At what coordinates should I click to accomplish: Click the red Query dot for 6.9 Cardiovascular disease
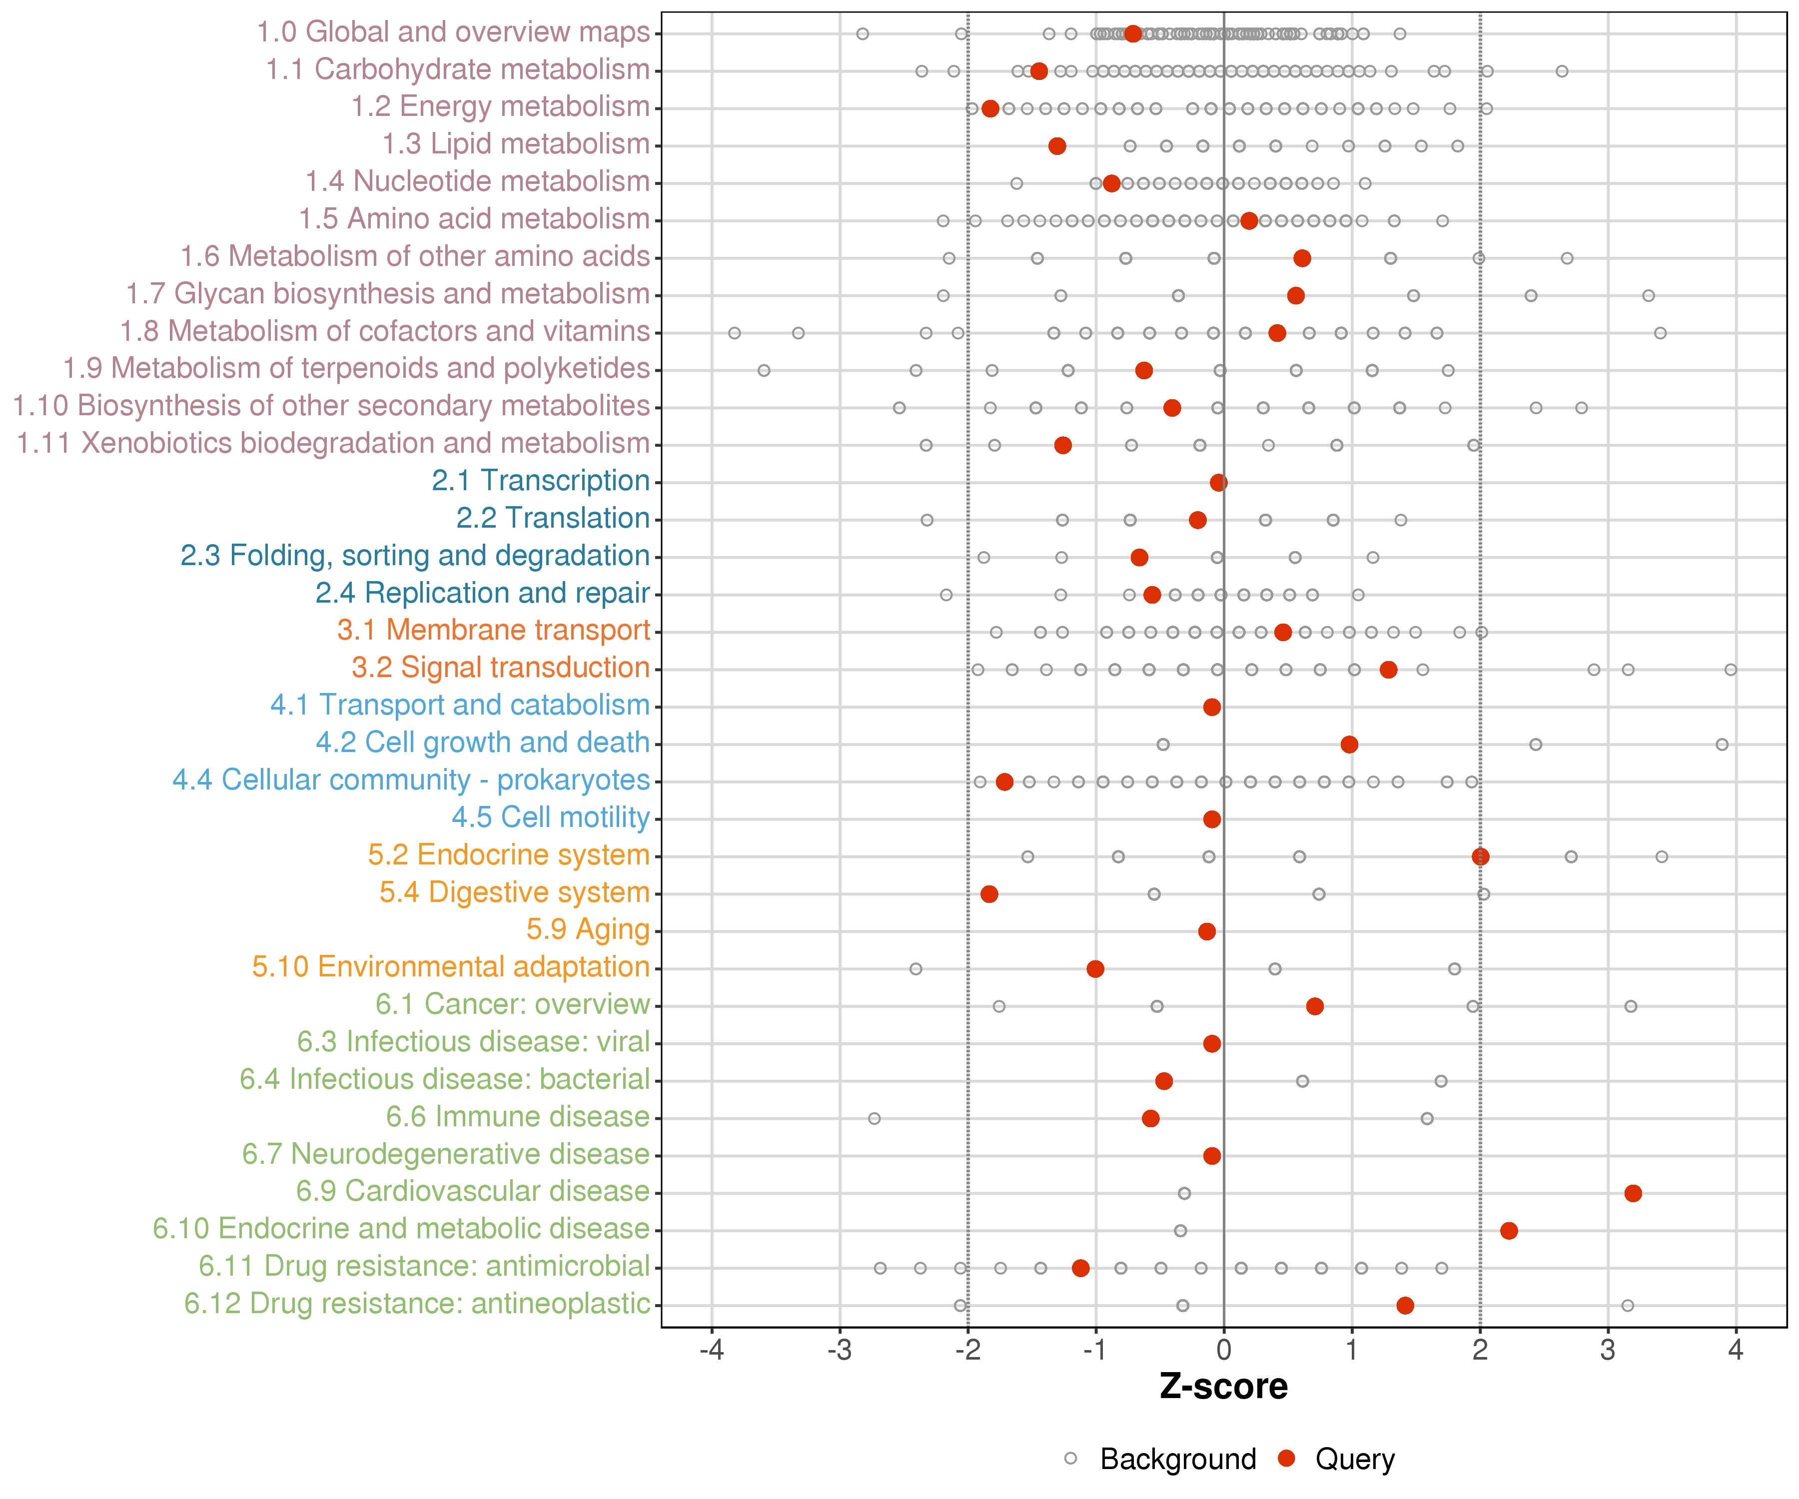tap(1633, 1193)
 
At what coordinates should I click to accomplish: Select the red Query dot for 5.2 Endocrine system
tap(1480, 856)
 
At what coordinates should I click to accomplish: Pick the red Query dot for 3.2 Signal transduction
tap(1389, 670)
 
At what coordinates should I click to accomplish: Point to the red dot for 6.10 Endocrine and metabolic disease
tap(1510, 1231)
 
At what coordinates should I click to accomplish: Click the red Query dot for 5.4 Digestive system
tap(989, 894)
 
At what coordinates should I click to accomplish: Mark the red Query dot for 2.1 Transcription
tap(1219, 482)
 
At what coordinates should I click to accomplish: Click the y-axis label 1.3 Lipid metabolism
tap(516, 144)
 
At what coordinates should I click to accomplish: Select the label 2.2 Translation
tap(553, 518)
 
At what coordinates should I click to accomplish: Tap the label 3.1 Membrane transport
tap(493, 631)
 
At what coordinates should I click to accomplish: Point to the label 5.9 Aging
tap(588, 929)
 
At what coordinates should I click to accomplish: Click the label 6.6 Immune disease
tap(517, 1117)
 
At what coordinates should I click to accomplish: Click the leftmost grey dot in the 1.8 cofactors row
tap(734, 333)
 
